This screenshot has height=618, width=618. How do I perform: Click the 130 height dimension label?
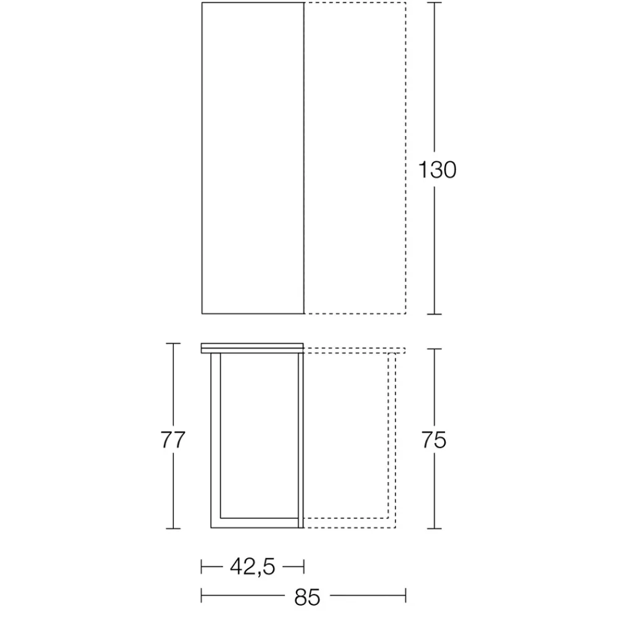[x=437, y=169]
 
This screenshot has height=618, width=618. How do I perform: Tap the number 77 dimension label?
[x=172, y=440]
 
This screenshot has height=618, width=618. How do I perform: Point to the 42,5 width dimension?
[x=252, y=565]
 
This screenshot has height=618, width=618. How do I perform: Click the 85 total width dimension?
[x=307, y=596]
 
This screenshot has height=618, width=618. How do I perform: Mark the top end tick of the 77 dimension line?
[x=173, y=344]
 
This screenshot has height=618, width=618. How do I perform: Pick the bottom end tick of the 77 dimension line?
[x=173, y=528]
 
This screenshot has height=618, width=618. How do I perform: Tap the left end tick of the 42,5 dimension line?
[x=202, y=565]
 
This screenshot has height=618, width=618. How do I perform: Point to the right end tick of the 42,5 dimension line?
[x=304, y=565]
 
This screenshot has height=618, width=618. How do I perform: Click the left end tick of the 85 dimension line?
[x=202, y=596]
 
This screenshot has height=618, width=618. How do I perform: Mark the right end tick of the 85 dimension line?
[x=405, y=596]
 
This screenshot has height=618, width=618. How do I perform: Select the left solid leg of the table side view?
[x=216, y=439]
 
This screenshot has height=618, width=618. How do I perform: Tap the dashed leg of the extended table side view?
[x=391, y=439]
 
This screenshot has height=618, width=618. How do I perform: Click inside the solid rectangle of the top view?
[x=253, y=158]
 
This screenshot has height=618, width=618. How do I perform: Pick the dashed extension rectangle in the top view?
[x=355, y=158]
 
